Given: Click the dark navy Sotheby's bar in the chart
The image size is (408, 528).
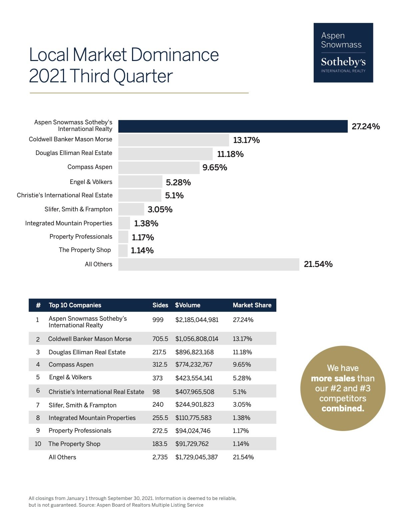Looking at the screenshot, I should (x=233, y=126).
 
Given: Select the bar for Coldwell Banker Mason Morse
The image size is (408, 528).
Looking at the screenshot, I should (x=173, y=140).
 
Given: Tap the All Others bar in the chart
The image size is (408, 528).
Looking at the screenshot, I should (x=209, y=264).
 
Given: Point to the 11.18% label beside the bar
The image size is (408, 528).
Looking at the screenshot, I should (x=230, y=154).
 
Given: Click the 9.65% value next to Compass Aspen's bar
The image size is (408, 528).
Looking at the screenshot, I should (x=215, y=167).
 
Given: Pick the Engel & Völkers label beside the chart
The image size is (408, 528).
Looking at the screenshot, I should (x=91, y=182).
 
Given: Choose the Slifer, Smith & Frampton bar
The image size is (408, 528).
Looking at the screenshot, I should (x=131, y=209).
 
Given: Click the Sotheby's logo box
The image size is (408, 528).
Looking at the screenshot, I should (x=343, y=53).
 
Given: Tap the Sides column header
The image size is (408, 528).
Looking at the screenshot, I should (x=160, y=305).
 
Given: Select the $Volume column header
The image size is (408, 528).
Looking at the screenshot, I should (x=188, y=305).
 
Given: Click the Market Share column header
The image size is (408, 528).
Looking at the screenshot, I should (x=252, y=305).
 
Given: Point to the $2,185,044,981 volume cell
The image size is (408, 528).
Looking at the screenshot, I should (x=197, y=320).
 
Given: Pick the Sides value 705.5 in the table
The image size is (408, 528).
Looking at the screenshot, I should (x=160, y=339).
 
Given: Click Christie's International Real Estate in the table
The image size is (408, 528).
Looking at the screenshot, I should (x=96, y=392).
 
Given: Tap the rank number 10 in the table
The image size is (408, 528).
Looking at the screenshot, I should (x=38, y=444).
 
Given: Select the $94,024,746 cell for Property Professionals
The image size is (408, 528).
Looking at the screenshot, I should (x=193, y=431).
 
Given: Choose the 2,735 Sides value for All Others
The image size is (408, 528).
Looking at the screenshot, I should (x=160, y=457).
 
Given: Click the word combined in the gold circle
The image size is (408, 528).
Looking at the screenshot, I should (x=343, y=408).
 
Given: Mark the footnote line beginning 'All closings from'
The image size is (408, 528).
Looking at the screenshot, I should (x=132, y=498).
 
